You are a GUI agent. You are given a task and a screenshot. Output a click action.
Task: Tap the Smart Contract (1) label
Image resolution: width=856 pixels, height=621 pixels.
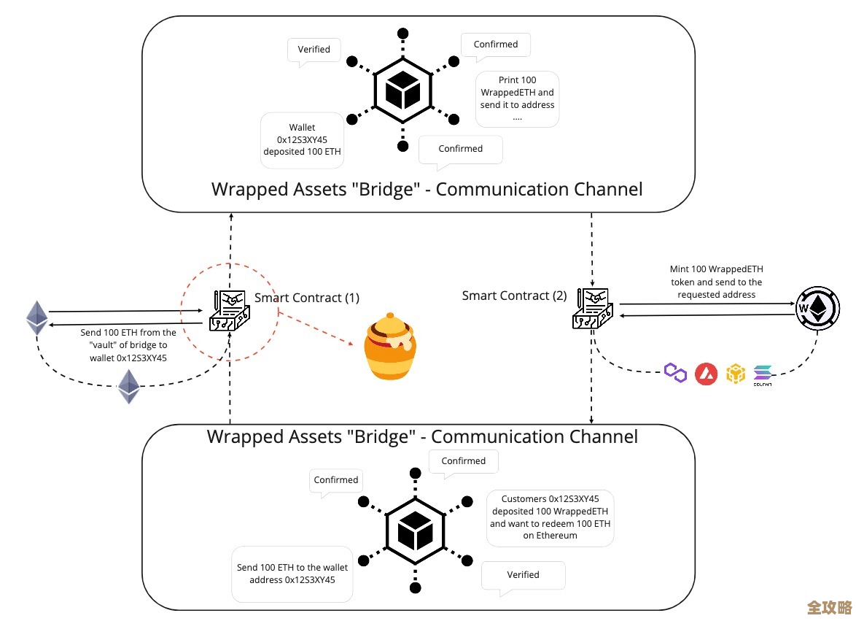(306, 298)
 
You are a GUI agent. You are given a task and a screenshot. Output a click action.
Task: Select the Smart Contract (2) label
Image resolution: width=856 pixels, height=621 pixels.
(514, 296)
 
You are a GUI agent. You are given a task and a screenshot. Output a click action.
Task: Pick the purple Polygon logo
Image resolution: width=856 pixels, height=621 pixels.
(676, 374)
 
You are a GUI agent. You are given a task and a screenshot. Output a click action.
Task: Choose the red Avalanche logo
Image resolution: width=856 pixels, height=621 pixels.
(706, 374)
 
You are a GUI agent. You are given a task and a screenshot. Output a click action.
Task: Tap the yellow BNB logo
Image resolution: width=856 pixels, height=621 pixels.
(736, 374)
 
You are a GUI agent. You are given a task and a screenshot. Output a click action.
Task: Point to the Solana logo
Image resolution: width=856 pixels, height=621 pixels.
(763, 373)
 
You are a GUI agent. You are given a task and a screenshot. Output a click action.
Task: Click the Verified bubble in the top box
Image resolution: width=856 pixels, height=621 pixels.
(314, 50)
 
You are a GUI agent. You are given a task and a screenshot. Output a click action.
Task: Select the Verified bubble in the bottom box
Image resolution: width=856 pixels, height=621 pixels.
(523, 575)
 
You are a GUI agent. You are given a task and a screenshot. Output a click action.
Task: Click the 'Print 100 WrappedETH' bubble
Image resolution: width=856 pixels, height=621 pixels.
(517, 99)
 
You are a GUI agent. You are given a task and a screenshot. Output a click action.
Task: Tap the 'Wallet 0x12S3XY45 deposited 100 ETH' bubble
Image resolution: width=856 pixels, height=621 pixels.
(302, 139)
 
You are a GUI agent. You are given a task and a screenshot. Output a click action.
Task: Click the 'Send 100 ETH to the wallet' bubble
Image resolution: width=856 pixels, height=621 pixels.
(292, 574)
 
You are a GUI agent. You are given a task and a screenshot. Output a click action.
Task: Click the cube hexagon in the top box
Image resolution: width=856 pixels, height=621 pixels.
(402, 91)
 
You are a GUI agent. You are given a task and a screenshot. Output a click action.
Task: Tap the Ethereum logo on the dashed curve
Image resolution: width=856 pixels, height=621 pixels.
(129, 386)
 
